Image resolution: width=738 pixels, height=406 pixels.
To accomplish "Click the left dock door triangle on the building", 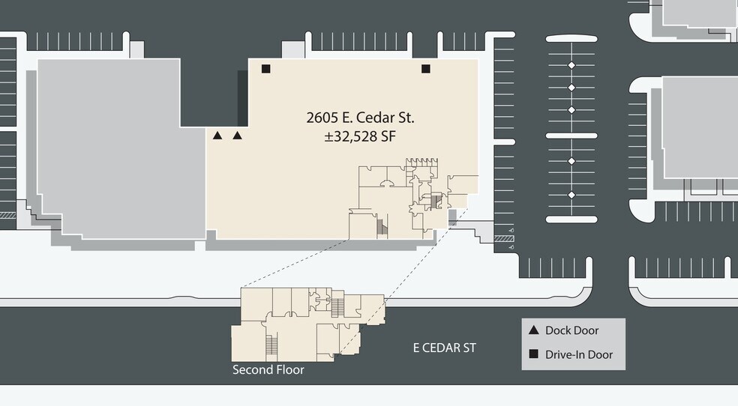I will [217, 136].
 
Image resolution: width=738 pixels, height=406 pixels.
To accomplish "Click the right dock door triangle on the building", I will [238, 136].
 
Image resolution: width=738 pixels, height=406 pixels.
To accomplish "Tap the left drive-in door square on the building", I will [265, 69].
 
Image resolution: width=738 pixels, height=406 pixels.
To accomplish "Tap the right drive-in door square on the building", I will [426, 69].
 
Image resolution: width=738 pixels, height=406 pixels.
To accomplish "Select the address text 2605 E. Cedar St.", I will [360, 118].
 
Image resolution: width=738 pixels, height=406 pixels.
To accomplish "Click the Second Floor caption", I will [268, 370].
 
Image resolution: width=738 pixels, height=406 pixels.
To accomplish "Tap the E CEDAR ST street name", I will [445, 348].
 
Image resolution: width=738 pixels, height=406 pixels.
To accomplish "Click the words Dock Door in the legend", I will [571, 330].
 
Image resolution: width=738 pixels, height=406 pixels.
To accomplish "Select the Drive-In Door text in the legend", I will [578, 354].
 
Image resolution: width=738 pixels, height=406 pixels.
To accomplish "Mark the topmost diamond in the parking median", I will [571, 66].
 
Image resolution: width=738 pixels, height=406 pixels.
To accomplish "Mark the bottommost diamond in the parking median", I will [571, 195].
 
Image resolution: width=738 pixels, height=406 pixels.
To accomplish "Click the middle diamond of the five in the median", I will [571, 110].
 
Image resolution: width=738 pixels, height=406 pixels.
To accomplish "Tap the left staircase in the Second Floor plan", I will [271, 346].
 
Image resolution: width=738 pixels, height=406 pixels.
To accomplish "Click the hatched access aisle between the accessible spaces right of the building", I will [503, 238].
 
